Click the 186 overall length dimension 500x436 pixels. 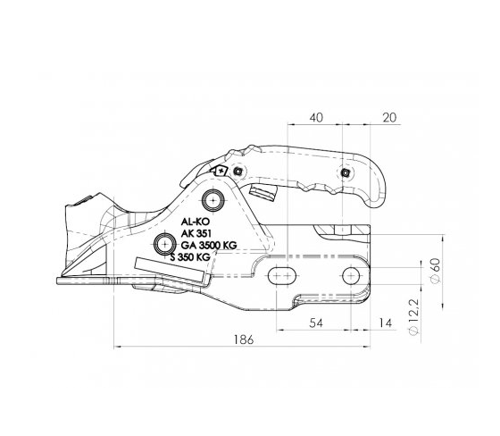(244, 340)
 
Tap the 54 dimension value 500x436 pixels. (316, 323)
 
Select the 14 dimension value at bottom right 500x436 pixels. (385, 323)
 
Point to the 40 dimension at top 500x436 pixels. (316, 117)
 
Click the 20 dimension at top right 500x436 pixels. (389, 117)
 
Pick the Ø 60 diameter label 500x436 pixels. (436, 270)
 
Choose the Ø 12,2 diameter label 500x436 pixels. (413, 317)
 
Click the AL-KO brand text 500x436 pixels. (196, 222)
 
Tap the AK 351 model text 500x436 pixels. (196, 233)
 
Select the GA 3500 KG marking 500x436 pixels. (209, 245)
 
